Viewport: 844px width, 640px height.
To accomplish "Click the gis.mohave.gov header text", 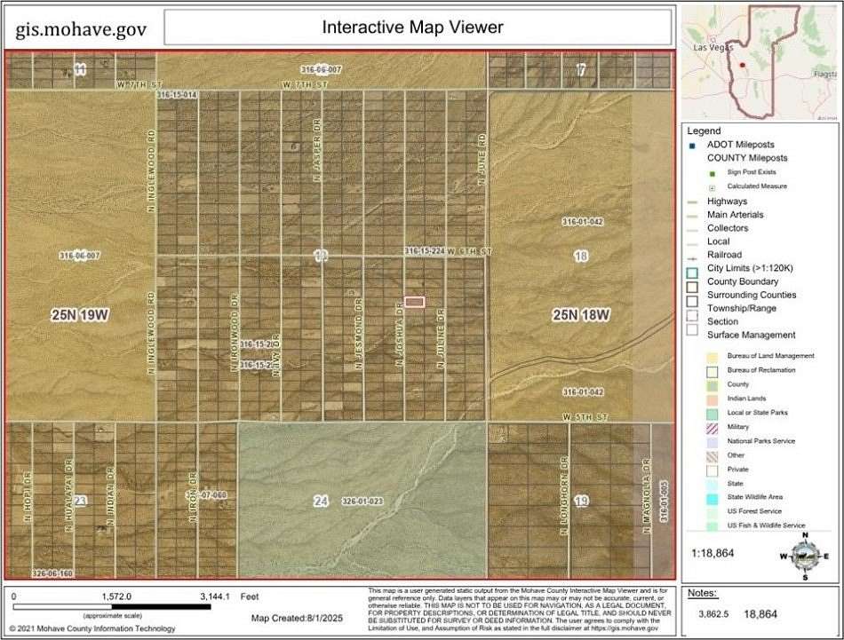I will [x=81, y=30].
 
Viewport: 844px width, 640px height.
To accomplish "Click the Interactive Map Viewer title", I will [x=412, y=28].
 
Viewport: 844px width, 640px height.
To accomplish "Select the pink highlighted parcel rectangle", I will [x=414, y=302].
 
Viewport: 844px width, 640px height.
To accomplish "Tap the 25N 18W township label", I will [x=581, y=315].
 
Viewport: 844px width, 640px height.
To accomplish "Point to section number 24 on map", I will [x=321, y=502].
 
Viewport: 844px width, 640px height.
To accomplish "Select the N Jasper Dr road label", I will [x=316, y=156].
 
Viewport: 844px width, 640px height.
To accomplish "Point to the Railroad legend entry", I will [x=725, y=255].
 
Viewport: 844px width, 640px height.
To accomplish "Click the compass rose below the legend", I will [x=804, y=555].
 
